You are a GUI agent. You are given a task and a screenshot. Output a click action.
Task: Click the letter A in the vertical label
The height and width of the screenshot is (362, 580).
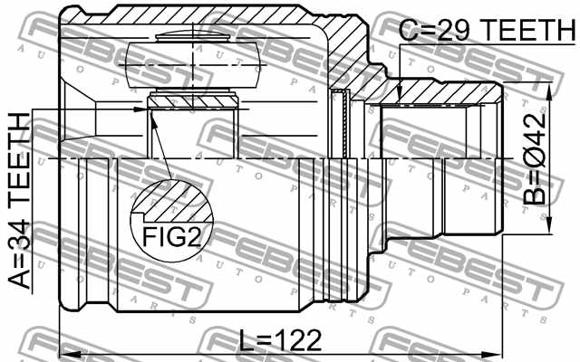[19, 275]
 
